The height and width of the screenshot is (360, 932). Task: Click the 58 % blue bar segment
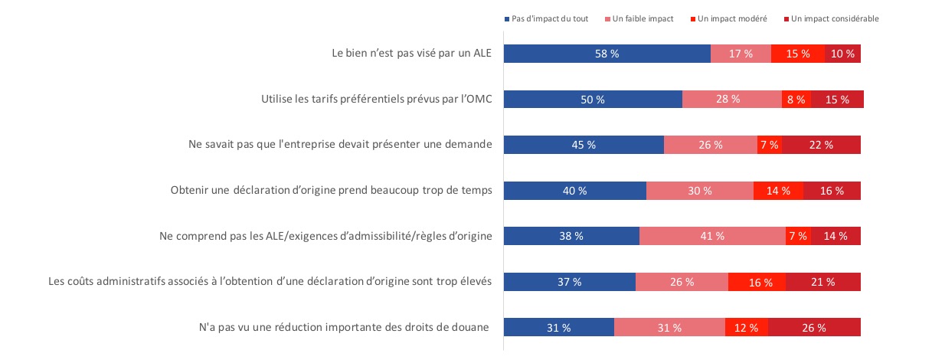click(607, 54)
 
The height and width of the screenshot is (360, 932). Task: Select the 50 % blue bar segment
click(593, 100)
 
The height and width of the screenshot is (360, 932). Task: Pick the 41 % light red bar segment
click(712, 236)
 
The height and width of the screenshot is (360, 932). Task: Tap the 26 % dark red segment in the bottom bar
click(814, 328)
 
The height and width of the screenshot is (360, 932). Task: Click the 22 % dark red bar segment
click(821, 145)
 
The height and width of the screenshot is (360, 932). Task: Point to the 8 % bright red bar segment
click(796, 100)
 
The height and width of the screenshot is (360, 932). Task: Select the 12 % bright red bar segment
click(747, 328)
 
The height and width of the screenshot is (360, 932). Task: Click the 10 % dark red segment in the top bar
click(842, 54)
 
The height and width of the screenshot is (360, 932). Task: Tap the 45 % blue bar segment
click(584, 145)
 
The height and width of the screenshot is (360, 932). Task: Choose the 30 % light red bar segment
click(700, 191)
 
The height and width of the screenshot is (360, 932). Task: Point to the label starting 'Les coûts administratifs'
click(270, 282)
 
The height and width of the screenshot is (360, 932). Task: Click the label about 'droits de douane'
click(343, 328)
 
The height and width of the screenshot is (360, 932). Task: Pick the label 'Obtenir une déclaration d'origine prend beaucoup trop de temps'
click(331, 191)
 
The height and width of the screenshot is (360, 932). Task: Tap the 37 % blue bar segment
click(569, 282)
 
